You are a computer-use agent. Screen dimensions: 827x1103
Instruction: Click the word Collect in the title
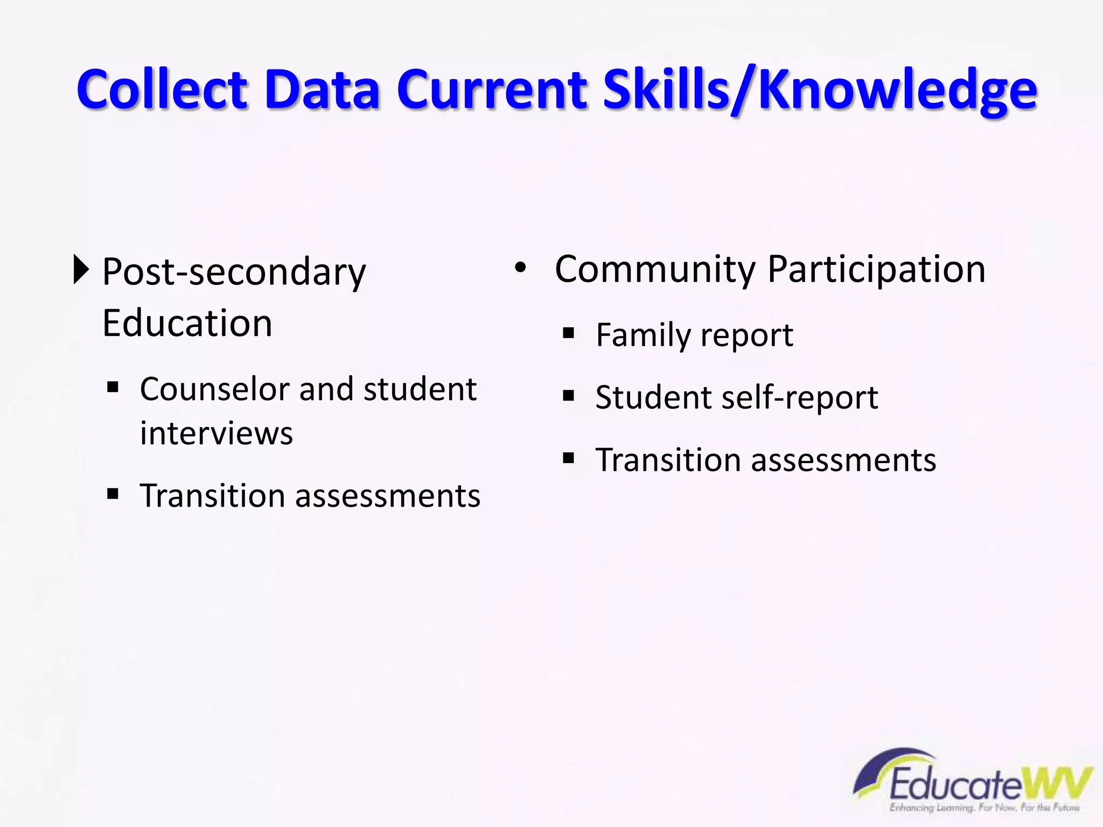162,89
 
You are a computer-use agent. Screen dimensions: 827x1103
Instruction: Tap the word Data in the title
322,89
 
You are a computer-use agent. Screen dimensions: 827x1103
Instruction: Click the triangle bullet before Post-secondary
81,270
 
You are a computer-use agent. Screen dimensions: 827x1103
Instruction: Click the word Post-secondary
234,272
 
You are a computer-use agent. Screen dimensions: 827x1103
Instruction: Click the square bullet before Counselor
113,387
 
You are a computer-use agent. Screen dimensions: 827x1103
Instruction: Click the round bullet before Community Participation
520,268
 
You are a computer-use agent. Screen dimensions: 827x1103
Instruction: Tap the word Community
655,269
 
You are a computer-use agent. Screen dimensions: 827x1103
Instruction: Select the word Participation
876,269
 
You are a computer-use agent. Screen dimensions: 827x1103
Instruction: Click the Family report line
694,335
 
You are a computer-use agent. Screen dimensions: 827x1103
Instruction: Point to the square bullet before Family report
568,333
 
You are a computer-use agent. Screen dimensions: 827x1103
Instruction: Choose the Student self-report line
736,397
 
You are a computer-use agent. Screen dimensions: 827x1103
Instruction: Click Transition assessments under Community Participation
765,460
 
